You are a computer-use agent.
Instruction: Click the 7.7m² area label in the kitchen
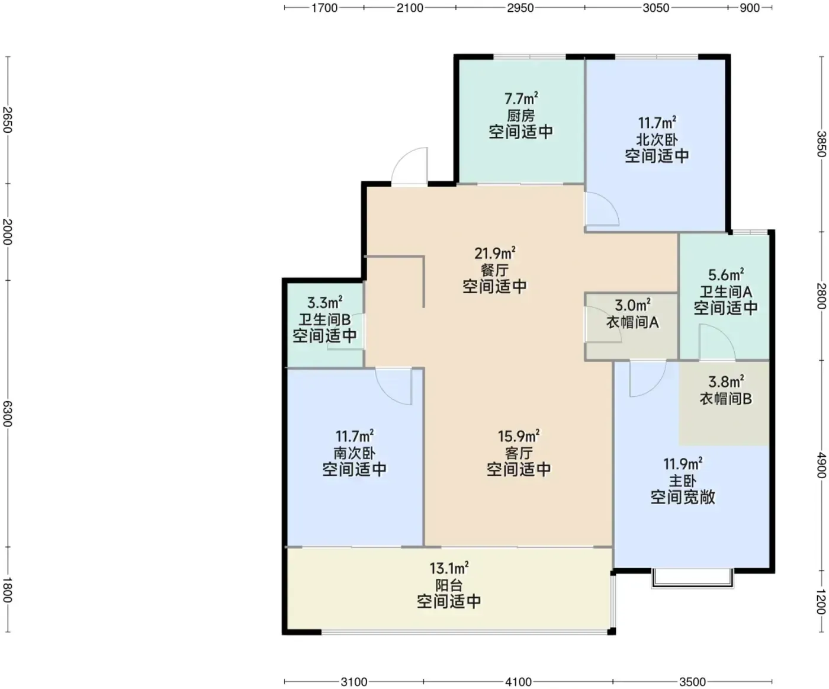tap(521, 98)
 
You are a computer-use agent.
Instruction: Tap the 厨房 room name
tap(520, 116)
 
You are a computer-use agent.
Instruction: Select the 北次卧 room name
tap(657, 139)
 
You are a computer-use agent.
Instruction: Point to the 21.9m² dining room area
tap(494, 253)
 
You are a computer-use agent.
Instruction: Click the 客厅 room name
tap(519, 453)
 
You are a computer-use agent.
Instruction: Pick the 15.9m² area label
tap(519, 436)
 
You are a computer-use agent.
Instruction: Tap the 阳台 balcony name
tap(449, 585)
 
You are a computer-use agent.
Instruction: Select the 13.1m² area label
tap(449, 568)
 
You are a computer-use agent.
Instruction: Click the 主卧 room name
tap(683, 481)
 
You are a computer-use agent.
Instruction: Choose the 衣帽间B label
tap(725, 399)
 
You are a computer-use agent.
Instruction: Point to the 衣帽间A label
tap(632, 322)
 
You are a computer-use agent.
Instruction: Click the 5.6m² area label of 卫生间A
tap(726, 274)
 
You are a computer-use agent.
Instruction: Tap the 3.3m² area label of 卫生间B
tap(324, 303)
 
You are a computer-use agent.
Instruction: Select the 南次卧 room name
tap(354, 453)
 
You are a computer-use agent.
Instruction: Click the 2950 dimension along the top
tap(520, 8)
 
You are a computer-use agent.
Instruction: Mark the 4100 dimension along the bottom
tap(518, 682)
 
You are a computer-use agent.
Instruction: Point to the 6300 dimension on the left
tap(8, 414)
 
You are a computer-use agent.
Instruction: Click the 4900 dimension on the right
tap(821, 465)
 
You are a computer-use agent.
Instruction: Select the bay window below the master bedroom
tap(692, 579)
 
